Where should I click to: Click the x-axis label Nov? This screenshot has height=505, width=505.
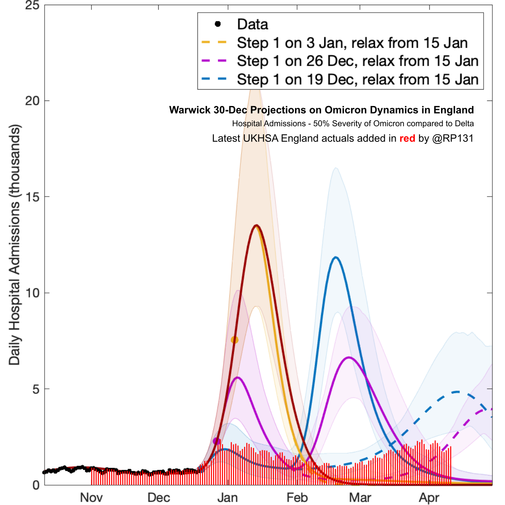(x=91, y=497)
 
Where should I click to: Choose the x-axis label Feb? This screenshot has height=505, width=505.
(x=297, y=497)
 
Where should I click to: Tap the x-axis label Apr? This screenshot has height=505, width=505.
(x=429, y=497)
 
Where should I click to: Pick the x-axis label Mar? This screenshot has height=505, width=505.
(x=360, y=497)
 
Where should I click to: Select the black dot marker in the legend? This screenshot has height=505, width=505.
(x=218, y=24)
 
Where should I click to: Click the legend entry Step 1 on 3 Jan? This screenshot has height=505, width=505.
(x=352, y=43)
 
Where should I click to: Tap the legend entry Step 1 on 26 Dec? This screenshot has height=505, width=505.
(x=358, y=61)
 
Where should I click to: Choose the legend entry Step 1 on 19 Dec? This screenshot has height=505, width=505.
(x=358, y=80)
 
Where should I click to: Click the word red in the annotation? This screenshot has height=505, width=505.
(x=407, y=138)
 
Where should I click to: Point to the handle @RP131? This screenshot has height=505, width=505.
(x=453, y=138)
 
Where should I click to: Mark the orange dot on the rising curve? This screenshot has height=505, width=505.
(x=234, y=340)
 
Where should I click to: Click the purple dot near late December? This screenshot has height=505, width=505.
(x=217, y=441)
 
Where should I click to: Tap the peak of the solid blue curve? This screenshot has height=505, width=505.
(x=335, y=257)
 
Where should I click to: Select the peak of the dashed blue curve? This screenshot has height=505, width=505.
(x=457, y=392)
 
